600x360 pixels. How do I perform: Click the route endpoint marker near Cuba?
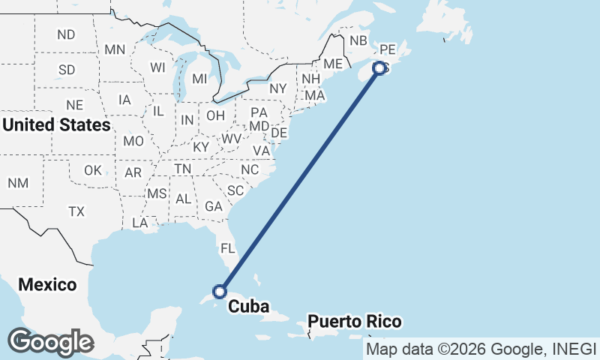[x=220, y=291]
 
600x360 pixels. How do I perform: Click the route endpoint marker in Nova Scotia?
[x=379, y=68]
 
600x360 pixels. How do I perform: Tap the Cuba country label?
[x=248, y=306]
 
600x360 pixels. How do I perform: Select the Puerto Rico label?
[x=355, y=322]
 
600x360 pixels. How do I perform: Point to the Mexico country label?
[x=47, y=285]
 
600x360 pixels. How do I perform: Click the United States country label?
[x=56, y=124]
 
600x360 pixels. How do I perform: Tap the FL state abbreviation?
[x=227, y=247]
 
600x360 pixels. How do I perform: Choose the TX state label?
[x=76, y=211]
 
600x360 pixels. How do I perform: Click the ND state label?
[x=66, y=34]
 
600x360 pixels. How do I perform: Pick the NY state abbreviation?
[x=278, y=88]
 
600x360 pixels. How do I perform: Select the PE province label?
[x=387, y=49]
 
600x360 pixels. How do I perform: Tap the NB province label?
[x=358, y=40]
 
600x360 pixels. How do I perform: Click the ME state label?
[x=333, y=64]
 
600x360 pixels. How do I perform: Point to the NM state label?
[x=18, y=183]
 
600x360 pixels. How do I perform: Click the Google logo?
[x=51, y=342]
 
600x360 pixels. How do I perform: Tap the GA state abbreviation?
[x=214, y=206]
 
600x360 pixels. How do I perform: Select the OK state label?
[x=93, y=170]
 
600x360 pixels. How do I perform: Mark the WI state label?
[x=157, y=67]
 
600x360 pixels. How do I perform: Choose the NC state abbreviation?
[x=250, y=170]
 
